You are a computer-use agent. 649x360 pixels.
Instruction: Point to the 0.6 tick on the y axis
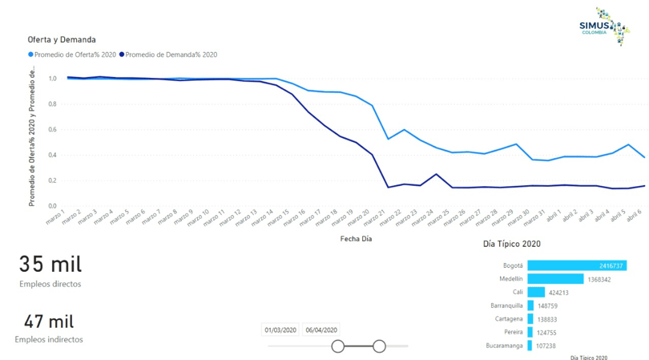[x=52, y=130]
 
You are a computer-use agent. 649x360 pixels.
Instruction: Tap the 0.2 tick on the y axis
[x=52, y=180]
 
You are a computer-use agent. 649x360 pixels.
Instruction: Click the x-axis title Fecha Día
[x=356, y=238]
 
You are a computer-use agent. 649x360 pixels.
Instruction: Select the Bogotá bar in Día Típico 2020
[x=577, y=265]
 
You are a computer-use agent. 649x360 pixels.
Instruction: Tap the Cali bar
[x=536, y=293]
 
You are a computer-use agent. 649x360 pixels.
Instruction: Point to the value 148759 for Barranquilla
[x=548, y=306]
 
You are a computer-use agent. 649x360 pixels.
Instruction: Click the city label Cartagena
[x=509, y=319]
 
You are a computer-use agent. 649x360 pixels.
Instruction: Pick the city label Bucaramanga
[x=505, y=346]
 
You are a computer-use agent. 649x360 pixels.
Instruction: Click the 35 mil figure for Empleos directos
[x=50, y=264]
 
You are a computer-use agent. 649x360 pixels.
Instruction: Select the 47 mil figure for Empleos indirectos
[x=49, y=322]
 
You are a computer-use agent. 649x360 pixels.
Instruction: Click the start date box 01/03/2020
[x=280, y=330]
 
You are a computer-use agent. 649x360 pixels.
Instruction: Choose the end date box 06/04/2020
[x=321, y=330]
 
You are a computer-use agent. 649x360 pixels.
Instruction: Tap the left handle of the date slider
[x=338, y=346]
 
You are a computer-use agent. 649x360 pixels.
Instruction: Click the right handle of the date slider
[x=379, y=346]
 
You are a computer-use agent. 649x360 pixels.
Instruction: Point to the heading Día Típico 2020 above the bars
[x=512, y=244]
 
